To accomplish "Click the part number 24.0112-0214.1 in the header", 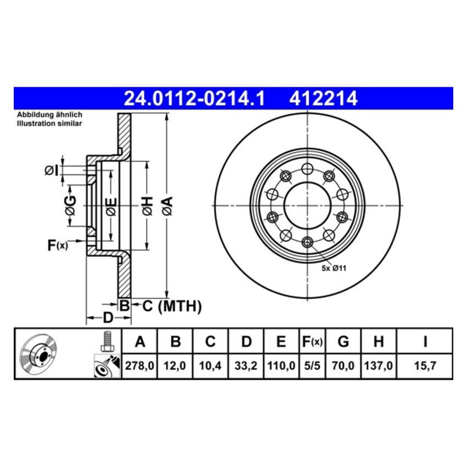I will click(x=194, y=98).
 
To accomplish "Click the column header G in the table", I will click(x=343, y=342).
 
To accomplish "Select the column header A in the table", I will click(x=140, y=342).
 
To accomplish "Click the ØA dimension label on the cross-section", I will click(x=168, y=205).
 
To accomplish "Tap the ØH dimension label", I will click(x=146, y=205).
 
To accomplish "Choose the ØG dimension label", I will click(x=70, y=205).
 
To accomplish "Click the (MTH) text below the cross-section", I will click(x=180, y=306).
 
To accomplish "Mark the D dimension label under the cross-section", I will click(x=108, y=318).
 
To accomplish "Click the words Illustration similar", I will click(x=49, y=124).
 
